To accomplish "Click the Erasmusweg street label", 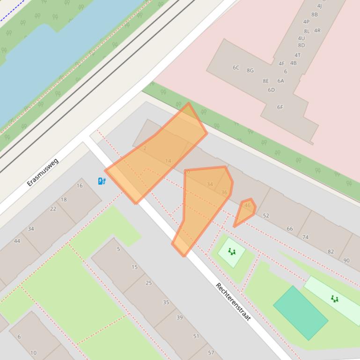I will pos(43,172).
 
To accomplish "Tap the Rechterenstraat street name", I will pos(233,302).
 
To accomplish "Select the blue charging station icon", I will pos(102,181).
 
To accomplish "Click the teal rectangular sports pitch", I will pos(300,313).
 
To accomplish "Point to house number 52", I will pos(266,216).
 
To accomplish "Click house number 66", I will pos(290,229).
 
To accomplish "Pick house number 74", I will pos(305,237).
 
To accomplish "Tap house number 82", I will pos(331,252).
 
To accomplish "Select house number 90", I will pos(346,260).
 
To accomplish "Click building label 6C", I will pos(236,67).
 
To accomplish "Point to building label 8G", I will pos(250,71).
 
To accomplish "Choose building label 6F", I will pos(280,107).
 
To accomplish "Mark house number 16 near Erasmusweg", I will pos(80,186).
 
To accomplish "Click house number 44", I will pos(17,241).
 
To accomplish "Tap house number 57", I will pos(211,353).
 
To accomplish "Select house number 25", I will pos(149,283).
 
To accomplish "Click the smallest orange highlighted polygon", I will pos(245,211).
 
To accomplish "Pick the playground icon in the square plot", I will pos(232,252).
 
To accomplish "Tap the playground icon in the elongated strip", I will pos(334,299).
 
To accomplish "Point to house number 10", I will pos(33,353).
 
